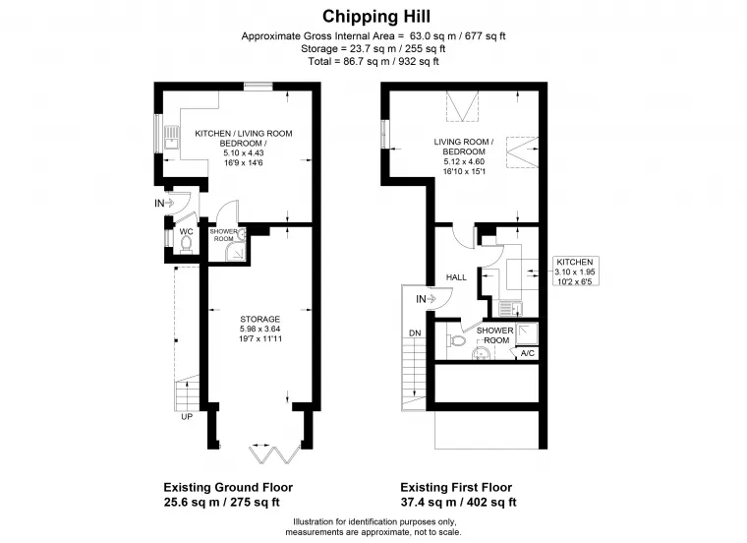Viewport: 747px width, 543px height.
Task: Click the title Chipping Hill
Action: [x=376, y=17]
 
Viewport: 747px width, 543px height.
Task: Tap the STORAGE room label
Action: [x=260, y=319]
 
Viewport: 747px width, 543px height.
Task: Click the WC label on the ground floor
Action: [x=187, y=232]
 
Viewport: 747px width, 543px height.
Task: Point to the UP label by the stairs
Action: [x=187, y=417]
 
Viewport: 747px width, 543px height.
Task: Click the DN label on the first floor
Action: [x=415, y=332]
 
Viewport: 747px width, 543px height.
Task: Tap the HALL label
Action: [x=456, y=277]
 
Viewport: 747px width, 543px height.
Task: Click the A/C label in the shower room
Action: [x=528, y=353]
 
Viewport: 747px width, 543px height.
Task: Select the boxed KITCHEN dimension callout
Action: [x=575, y=271]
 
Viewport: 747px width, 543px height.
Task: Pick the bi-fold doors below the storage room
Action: [x=274, y=453]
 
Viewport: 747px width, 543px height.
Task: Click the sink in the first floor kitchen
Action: [x=510, y=309]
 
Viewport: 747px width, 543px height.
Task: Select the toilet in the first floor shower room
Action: [x=456, y=341]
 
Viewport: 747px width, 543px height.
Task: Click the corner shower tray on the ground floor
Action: [x=235, y=253]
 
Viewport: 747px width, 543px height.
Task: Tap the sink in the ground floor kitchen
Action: [x=171, y=138]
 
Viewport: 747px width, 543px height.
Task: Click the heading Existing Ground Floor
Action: [x=228, y=487]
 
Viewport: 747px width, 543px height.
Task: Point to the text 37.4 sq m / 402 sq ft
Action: [x=458, y=502]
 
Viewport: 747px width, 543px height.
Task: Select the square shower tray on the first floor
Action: [x=527, y=333]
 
